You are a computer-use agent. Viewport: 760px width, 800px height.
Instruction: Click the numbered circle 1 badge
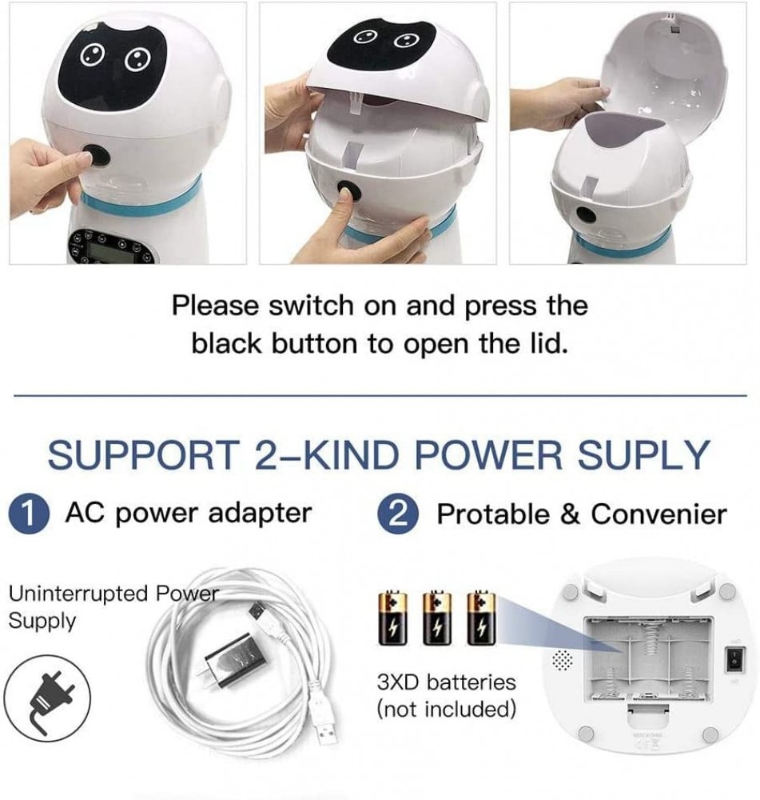(x=29, y=514)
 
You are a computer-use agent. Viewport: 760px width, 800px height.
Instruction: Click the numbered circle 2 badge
(x=398, y=514)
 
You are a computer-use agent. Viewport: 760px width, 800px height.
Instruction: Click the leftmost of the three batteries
(x=392, y=618)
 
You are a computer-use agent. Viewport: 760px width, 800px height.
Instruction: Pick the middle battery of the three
(x=437, y=618)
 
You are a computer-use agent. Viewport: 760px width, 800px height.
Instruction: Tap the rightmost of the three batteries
(x=481, y=618)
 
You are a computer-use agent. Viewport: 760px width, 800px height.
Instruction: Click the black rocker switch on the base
(x=734, y=660)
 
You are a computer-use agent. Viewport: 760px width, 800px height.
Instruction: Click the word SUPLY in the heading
(x=643, y=454)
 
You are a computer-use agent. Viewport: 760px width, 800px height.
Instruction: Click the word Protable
(x=493, y=514)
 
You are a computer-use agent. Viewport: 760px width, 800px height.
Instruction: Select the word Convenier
(x=659, y=514)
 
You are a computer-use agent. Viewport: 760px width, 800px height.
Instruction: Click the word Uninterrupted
(x=78, y=594)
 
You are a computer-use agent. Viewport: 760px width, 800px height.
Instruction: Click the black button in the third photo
(x=587, y=214)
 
